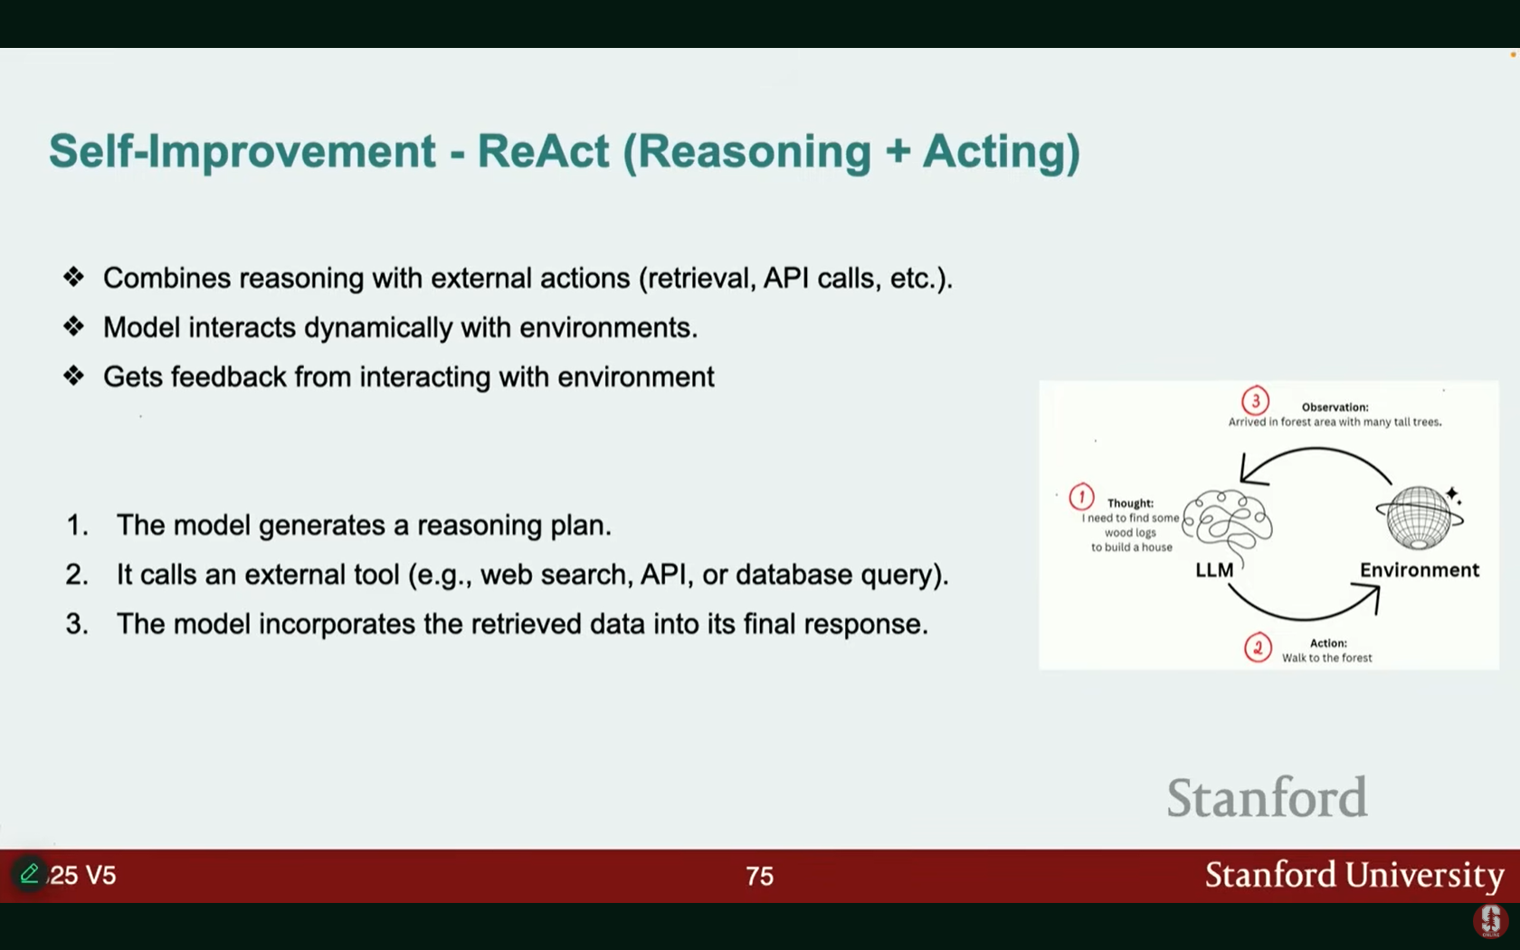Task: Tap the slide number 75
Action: click(759, 876)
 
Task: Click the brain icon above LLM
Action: click(1228, 525)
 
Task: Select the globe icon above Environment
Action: click(1420, 518)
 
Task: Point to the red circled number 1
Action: click(1082, 497)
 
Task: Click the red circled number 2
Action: click(1258, 648)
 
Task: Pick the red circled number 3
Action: click(1256, 401)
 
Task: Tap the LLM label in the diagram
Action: click(1214, 570)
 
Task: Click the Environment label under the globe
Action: click(1419, 570)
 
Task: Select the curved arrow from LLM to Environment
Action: click(1303, 618)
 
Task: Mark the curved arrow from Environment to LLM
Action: click(1316, 449)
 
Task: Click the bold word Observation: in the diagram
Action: click(1335, 407)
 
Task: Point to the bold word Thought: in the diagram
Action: click(1130, 503)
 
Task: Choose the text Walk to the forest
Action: click(1326, 658)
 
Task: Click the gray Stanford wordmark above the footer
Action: click(1267, 797)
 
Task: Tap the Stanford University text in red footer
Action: click(1354, 875)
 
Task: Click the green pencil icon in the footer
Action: click(29, 873)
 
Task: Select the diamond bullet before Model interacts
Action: click(73, 327)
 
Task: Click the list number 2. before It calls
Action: click(78, 575)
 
